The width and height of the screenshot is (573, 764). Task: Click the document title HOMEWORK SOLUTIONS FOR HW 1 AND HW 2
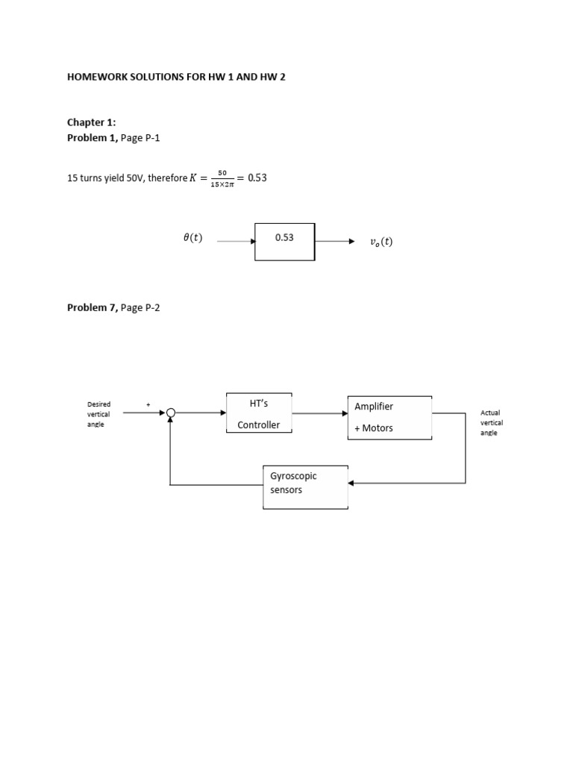coord(176,78)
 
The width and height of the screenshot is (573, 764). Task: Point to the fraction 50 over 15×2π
coord(222,178)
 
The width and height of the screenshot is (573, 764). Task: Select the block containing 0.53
coord(284,240)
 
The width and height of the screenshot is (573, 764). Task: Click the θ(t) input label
coord(192,239)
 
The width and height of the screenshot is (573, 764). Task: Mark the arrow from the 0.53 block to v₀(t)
coord(334,241)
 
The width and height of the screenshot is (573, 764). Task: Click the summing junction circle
coord(171,413)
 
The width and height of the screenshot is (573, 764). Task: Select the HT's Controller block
coord(259,413)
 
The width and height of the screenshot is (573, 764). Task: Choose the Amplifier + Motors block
coord(389,417)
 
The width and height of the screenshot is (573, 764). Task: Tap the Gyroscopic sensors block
coord(305,486)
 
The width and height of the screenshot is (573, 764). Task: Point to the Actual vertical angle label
coord(492,422)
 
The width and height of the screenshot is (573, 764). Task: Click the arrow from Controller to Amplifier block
coord(319,413)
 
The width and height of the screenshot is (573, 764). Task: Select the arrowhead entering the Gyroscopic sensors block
coord(352,483)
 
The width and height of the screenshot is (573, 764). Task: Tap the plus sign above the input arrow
coord(148,404)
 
